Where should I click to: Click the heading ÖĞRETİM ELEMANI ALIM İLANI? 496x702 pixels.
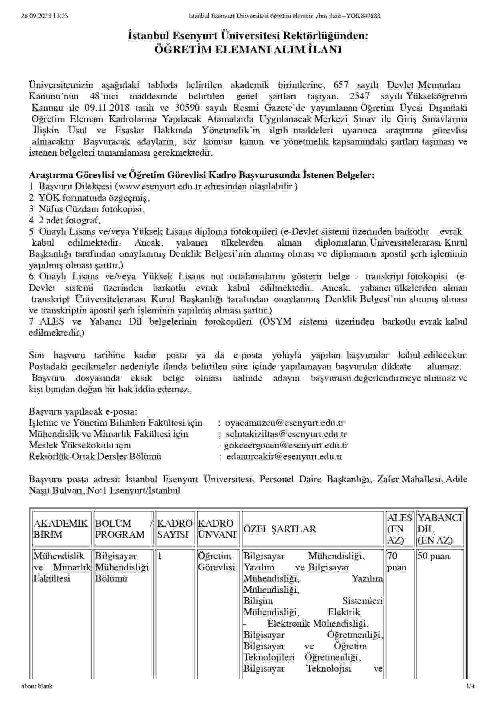click(x=248, y=50)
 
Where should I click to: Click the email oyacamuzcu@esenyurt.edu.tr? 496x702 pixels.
click(x=285, y=423)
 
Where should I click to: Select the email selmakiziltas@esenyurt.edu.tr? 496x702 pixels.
click(x=286, y=434)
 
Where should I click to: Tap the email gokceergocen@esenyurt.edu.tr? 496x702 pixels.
click(x=286, y=445)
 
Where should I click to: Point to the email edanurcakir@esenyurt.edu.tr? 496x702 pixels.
click(x=284, y=456)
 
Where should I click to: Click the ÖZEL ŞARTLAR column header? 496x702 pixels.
click(x=280, y=529)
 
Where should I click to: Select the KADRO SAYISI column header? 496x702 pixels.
click(x=175, y=529)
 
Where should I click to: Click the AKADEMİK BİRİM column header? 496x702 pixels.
click(x=61, y=529)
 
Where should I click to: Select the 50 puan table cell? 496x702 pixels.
click(x=434, y=556)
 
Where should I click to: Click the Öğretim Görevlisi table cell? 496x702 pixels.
click(x=216, y=562)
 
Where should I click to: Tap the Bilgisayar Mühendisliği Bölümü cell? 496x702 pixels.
click(x=122, y=567)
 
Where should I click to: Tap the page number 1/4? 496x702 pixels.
click(x=470, y=686)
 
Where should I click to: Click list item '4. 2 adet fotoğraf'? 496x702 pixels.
click(x=65, y=220)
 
